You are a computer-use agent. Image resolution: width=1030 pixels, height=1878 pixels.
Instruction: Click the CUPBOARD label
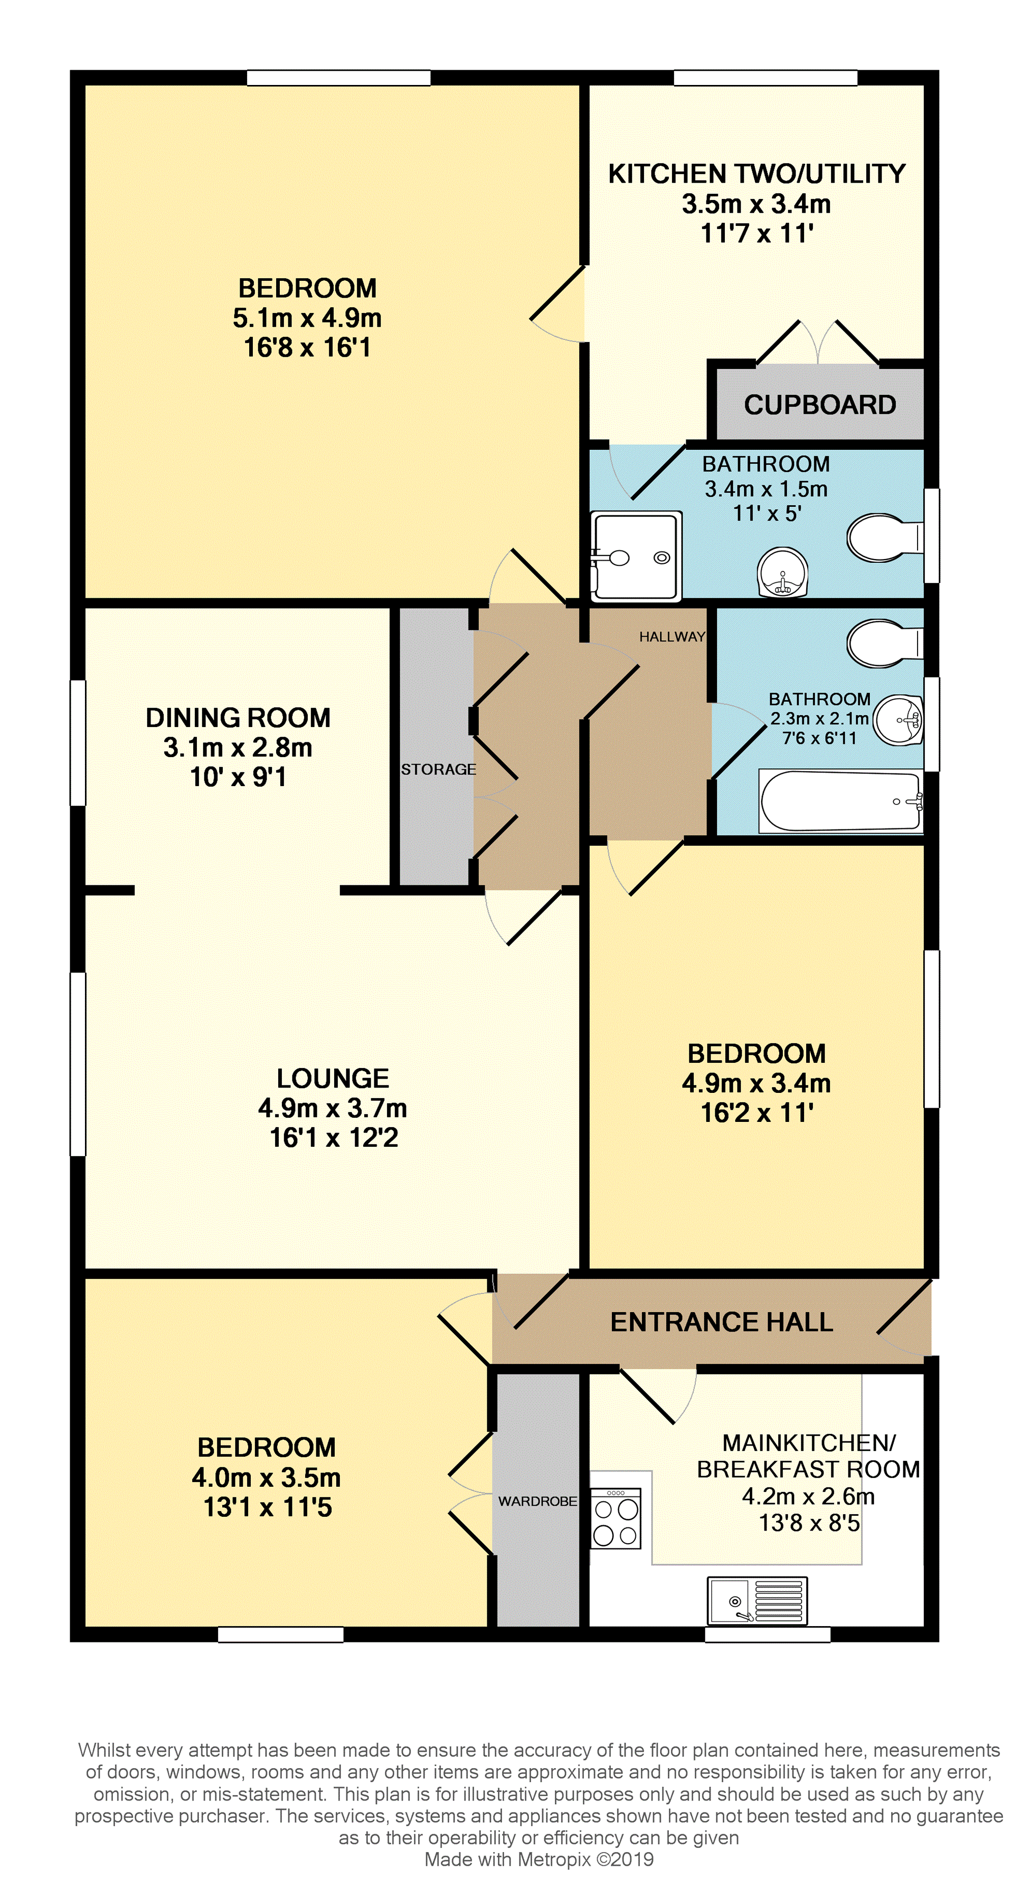pos(819,405)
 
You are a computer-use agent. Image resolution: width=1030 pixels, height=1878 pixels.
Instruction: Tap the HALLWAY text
pos(672,637)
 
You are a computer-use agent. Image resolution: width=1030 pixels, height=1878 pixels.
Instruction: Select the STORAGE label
pos(438,769)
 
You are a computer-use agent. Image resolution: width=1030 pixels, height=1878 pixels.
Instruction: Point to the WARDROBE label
pos(537,1501)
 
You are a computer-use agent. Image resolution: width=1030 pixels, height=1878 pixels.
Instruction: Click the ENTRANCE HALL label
pos(722,1322)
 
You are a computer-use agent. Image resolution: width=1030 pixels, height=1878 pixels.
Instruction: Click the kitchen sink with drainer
pos(757,1600)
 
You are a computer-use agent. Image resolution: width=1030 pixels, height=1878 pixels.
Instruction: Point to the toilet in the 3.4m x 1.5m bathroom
pos(884,538)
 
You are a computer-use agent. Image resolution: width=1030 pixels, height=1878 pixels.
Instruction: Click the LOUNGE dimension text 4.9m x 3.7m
pos(333,1108)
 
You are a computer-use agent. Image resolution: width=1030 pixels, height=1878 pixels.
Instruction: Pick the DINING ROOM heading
pos(239,717)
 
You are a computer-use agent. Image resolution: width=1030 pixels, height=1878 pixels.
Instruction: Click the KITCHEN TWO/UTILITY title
pos(757,174)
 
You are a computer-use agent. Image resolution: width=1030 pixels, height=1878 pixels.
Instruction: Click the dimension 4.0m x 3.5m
pos(266,1477)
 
